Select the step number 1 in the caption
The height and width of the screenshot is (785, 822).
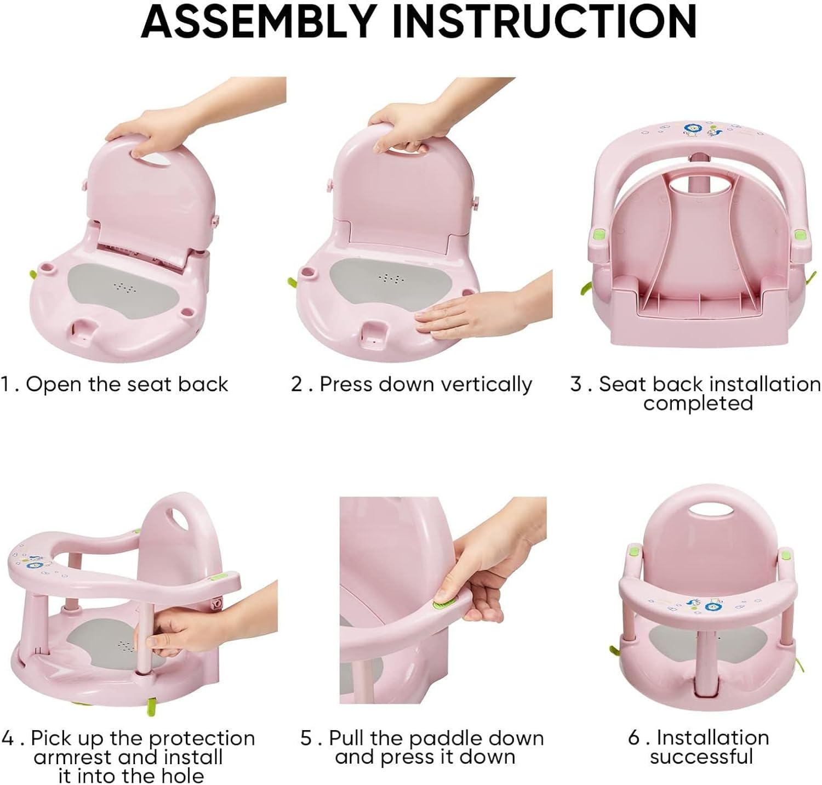click(5, 384)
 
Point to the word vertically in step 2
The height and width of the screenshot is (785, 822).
click(486, 385)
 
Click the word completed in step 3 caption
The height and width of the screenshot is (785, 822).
click(698, 403)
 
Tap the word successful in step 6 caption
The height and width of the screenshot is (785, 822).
click(701, 757)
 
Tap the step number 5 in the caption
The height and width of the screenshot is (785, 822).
click(306, 738)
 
